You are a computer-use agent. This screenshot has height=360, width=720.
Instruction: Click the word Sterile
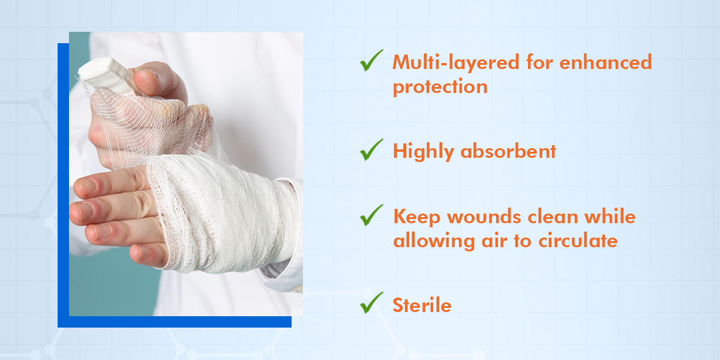[x=422, y=305]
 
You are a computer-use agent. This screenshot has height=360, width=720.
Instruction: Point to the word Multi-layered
[x=456, y=62]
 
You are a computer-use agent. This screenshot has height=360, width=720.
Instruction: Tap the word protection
[x=440, y=87]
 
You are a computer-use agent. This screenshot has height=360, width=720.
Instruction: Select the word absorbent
[x=508, y=151]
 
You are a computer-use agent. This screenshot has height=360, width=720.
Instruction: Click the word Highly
[x=424, y=152]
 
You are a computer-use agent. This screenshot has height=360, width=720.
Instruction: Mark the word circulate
[x=578, y=241]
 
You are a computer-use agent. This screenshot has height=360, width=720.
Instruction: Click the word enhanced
[x=605, y=62]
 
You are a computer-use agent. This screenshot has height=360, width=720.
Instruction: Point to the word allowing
[x=434, y=241]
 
